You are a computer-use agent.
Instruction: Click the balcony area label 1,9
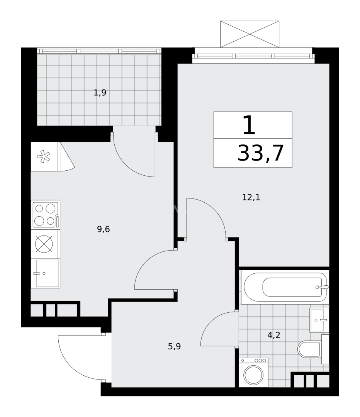click(x=100, y=93)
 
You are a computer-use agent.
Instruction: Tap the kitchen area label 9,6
click(x=103, y=229)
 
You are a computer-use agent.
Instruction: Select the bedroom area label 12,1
click(x=251, y=198)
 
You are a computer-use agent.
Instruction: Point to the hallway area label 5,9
click(x=174, y=346)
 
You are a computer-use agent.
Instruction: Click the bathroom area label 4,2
click(x=273, y=335)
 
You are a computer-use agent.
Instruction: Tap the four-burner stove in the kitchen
click(x=45, y=215)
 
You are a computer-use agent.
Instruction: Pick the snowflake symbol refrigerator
click(x=44, y=157)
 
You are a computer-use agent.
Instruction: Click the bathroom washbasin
click(x=319, y=320)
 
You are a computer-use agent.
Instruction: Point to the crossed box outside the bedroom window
click(x=250, y=34)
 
